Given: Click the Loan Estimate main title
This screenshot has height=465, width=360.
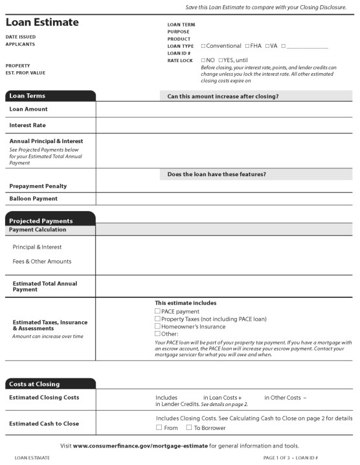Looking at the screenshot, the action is point(42,22).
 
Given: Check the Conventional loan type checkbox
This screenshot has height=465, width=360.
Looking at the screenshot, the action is point(203,46).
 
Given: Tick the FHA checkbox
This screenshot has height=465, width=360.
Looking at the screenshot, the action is point(247,46).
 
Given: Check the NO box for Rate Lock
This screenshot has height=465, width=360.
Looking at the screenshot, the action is point(203,60).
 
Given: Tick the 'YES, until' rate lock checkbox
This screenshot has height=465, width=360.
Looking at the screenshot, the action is point(221,60).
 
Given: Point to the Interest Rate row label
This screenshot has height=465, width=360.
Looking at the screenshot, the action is point(27,125).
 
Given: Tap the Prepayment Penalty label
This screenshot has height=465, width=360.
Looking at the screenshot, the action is point(38,186).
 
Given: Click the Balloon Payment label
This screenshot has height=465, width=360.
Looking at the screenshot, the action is point(33,199).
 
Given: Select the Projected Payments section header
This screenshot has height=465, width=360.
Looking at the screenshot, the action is point(41,221).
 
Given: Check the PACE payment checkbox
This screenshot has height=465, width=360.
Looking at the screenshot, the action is point(157,312).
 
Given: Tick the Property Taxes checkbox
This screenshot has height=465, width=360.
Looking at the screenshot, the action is point(157,319).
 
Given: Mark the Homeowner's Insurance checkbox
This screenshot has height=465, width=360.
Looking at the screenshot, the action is point(157,326).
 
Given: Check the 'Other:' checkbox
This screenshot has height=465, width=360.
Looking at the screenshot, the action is point(157,334).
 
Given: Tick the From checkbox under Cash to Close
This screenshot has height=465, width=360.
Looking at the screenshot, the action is point(159,427).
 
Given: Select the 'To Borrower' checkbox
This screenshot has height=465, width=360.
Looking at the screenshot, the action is point(189,427).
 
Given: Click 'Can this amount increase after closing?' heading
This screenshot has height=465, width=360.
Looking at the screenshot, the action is point(223,96).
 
